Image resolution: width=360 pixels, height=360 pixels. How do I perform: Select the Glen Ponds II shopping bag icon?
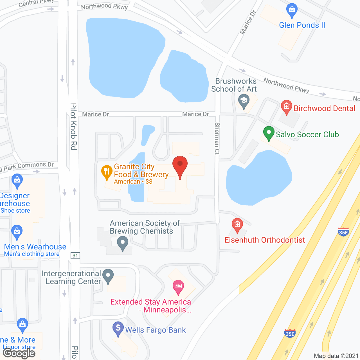pyautogui.click(x=292, y=10)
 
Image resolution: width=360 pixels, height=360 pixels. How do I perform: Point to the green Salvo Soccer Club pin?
pyautogui.click(x=269, y=133)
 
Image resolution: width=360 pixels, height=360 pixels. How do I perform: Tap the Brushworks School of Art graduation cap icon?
pyautogui.click(x=244, y=101)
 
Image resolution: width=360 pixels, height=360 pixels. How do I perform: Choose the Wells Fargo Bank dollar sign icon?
pyautogui.click(x=118, y=328)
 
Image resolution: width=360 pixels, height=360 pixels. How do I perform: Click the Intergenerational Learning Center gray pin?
pyautogui.click(x=108, y=276)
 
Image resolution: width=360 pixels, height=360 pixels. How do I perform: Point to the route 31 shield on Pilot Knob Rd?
pyautogui.click(x=75, y=256)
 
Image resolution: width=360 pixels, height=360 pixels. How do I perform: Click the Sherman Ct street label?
pyautogui.click(x=217, y=138)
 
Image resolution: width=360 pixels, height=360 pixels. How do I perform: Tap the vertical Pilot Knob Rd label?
pyautogui.click(x=73, y=127)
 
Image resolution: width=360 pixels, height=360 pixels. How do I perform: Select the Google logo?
pyautogui.click(x=19, y=353)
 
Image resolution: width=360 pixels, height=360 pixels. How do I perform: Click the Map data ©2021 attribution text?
pyautogui.click(x=336, y=356)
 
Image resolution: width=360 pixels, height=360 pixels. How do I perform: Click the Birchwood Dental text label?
pyautogui.click(x=324, y=108)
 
